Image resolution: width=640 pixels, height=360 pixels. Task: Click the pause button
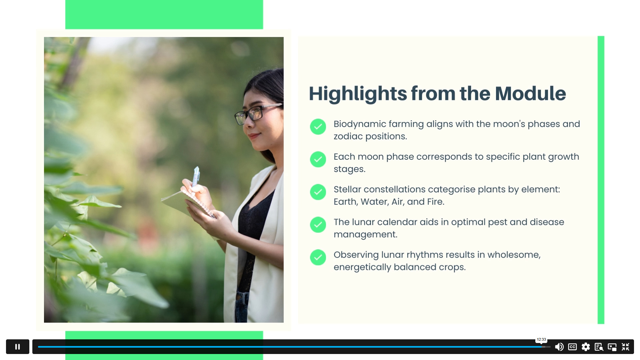pos(18,347)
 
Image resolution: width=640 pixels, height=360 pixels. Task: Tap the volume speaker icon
pos(559,347)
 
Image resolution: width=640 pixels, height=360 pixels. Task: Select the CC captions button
pos(572,347)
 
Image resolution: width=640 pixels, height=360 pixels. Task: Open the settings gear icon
pos(586,347)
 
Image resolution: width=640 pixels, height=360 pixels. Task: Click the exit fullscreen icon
pos(625,347)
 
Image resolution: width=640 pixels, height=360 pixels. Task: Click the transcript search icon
pos(599,347)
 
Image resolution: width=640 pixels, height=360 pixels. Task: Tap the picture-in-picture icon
pos(612,347)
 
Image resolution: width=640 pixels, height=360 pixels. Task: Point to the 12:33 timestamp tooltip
pos(541,339)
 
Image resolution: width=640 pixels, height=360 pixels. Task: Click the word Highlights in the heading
pos(358,94)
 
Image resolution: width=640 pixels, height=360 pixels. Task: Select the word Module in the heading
pos(530,94)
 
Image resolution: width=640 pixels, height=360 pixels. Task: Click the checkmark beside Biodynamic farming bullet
pos(318,127)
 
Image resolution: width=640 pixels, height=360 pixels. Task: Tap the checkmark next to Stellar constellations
pos(318,192)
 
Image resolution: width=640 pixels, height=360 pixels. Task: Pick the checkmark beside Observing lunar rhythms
pos(318,257)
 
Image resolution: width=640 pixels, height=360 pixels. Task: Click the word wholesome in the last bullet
pos(514,255)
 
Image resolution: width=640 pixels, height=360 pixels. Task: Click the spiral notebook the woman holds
pos(189,204)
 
